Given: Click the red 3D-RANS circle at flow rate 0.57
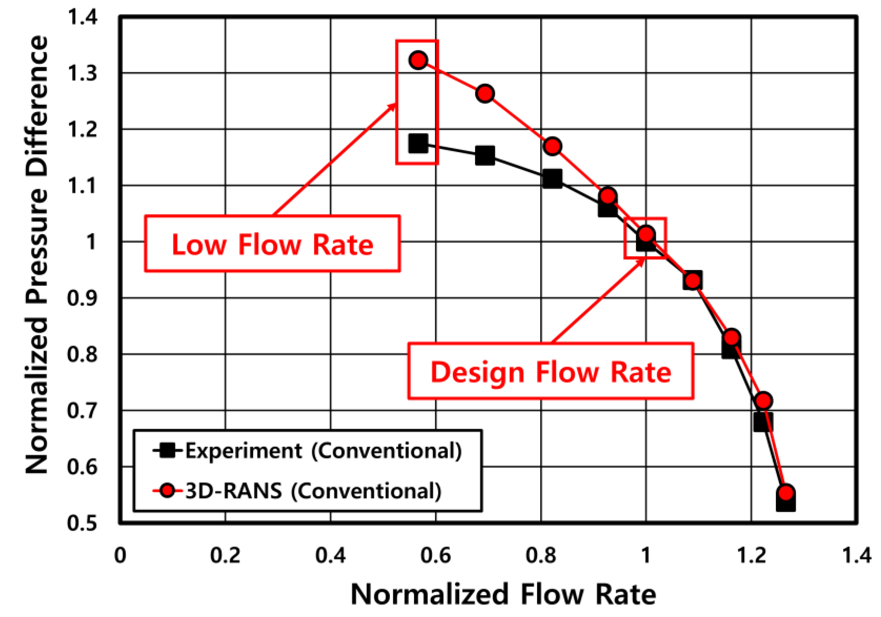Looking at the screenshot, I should pos(418,60).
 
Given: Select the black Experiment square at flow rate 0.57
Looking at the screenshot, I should pos(418,144).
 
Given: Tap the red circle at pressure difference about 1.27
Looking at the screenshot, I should pos(485,93).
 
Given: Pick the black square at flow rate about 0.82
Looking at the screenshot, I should pos(552,179).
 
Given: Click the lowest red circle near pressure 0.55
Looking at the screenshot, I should pos(786,492).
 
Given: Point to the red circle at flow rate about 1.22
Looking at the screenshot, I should pos(763,401).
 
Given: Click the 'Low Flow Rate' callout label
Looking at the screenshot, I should pos(273,244).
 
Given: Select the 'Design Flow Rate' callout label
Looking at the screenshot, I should pos(551,372).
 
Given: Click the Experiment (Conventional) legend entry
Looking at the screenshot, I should pos(323,451).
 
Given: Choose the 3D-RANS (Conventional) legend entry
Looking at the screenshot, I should pos(313,491).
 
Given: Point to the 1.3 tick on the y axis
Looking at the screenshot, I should pos(82,73).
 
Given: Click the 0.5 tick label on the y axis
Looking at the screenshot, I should pos(82,523).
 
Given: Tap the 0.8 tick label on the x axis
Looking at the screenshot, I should pos(541,556).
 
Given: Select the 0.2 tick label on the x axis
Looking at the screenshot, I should pos(225,556).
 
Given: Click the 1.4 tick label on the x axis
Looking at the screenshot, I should pos(856,556).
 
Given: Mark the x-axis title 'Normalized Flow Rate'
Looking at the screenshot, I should pos(503,595).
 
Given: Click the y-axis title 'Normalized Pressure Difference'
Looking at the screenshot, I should pos(37,255).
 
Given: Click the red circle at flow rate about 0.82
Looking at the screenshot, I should pos(552,146).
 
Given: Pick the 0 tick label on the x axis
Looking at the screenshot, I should pos(120,556).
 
